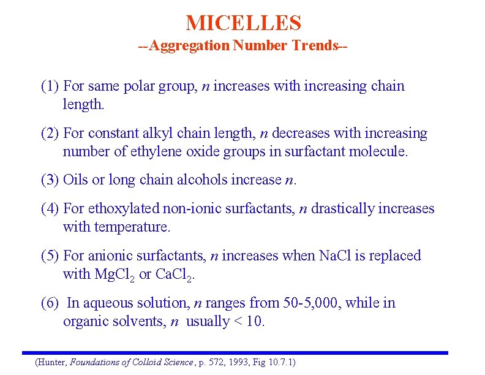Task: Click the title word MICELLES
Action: tap(243, 23)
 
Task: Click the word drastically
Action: tap(342, 209)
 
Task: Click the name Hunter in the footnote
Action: tap(53, 363)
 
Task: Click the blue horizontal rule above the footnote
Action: tap(235, 353)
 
